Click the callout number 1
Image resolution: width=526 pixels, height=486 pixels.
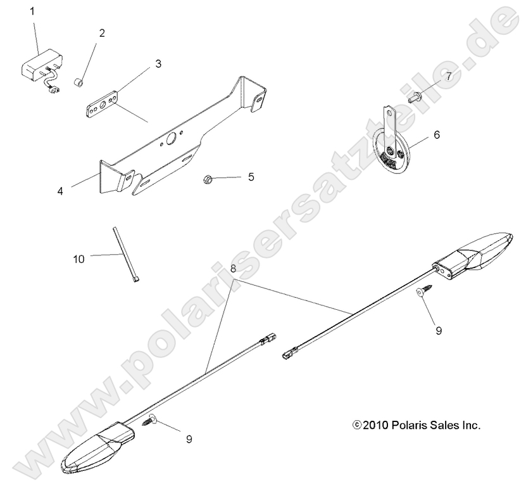click(33, 11)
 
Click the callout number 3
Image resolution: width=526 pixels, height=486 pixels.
click(158, 63)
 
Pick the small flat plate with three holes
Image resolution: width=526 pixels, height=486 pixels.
click(103, 103)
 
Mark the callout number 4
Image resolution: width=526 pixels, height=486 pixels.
click(60, 190)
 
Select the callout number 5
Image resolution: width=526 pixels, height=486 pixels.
click(251, 177)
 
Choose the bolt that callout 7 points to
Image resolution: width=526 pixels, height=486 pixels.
click(414, 97)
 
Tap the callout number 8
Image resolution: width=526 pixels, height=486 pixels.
click(234, 269)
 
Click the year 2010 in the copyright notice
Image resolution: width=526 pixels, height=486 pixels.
click(377, 425)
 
